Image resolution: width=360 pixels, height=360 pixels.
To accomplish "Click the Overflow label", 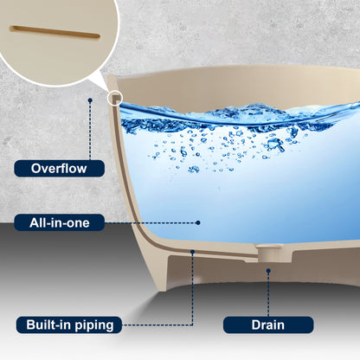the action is pyautogui.click(x=59, y=169).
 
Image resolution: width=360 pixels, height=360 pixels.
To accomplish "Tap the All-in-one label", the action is pyautogui.click(x=59, y=222).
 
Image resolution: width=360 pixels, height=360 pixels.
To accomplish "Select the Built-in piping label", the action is pyautogui.click(x=69, y=325).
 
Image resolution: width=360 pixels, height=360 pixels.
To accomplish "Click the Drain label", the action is pyautogui.click(x=268, y=325).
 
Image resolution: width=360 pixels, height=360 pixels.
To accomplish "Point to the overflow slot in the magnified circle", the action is pyautogui.click(x=55, y=32).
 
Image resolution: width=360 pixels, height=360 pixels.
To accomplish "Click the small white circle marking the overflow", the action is pyautogui.click(x=115, y=98).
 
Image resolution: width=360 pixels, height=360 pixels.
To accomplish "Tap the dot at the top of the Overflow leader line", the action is pyautogui.click(x=90, y=100).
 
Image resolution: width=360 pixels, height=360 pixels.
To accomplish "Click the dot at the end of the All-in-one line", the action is pyautogui.click(x=198, y=222).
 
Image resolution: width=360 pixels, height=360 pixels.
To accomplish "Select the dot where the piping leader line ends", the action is pyautogui.click(x=193, y=252).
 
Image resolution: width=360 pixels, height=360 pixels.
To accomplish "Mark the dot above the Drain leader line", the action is pyautogui.click(x=268, y=271).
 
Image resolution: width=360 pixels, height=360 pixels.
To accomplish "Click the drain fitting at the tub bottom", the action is pyautogui.click(x=268, y=253).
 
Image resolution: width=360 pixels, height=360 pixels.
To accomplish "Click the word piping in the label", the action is pyautogui.click(x=94, y=325).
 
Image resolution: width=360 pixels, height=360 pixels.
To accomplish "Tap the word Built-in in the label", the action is pyautogui.click(x=49, y=325).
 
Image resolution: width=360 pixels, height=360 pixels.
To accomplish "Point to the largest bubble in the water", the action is pyautogui.click(x=276, y=145).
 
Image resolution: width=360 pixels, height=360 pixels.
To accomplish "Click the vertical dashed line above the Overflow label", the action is pyautogui.click(x=90, y=132).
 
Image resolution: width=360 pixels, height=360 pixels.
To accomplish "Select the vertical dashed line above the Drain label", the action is pyautogui.click(x=268, y=295).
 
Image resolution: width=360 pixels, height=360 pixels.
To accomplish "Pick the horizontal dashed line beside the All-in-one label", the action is pyautogui.click(x=150, y=222).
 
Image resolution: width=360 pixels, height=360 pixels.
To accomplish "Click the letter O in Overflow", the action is pyautogui.click(x=36, y=169).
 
